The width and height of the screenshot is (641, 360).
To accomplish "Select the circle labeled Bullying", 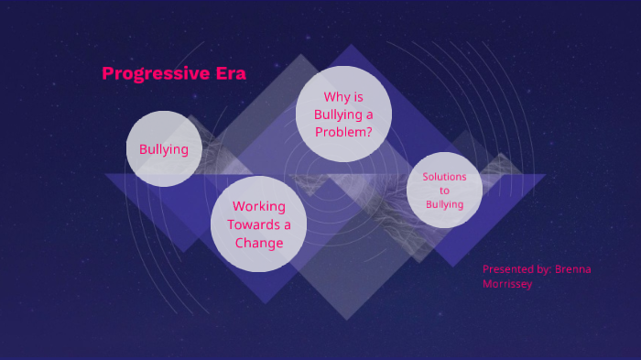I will (164, 148).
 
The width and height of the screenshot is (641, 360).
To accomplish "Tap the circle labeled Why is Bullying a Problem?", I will (343, 114).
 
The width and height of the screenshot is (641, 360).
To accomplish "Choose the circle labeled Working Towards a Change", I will (258, 224).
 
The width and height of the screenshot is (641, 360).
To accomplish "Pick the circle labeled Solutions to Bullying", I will (444, 190).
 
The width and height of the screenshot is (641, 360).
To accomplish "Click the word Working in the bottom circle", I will (258, 207).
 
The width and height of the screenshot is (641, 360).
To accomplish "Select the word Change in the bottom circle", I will (258, 243).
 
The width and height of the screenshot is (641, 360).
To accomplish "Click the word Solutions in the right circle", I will (444, 176).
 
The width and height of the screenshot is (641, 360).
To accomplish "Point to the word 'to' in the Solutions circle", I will (444, 191).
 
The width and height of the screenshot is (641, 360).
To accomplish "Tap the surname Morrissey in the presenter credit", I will (507, 284).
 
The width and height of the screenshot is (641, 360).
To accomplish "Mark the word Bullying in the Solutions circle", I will (444, 204).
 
